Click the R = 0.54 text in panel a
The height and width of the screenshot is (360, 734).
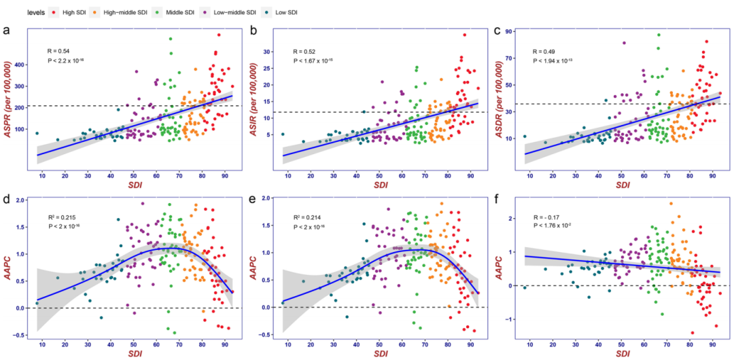click(58, 51)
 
